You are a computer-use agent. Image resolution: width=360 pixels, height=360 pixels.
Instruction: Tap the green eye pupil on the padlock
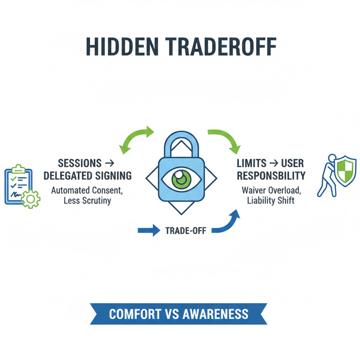point(179,178)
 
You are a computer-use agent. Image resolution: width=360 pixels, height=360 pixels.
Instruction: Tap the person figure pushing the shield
point(327,174)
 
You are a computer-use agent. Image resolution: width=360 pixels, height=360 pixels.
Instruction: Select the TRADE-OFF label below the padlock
point(186,230)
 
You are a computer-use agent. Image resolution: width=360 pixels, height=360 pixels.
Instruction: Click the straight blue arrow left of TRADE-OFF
point(149,230)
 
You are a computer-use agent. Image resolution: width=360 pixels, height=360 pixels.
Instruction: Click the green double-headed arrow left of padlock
point(136,138)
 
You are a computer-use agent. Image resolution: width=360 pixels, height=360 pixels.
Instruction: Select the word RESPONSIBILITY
point(271,176)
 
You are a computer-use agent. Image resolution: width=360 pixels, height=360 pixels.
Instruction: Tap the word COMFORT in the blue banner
point(130,314)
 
